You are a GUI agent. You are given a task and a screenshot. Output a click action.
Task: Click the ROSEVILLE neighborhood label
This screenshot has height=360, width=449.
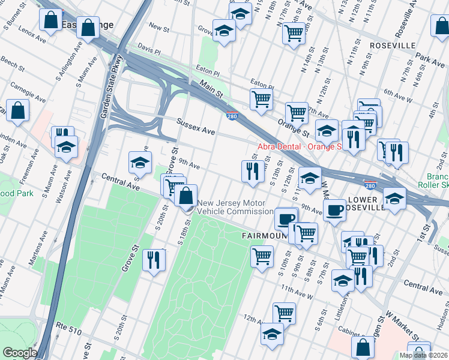393,46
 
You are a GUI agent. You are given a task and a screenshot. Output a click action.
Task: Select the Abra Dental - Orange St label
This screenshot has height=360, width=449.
299,146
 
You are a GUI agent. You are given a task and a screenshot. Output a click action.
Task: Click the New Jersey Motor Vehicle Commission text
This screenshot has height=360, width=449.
235,207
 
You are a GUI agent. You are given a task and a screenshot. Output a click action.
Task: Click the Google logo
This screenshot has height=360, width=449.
19,353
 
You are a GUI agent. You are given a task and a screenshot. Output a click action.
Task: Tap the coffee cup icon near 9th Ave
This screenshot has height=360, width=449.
334,209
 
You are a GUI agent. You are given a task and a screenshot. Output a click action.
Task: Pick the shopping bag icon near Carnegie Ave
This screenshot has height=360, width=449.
18,110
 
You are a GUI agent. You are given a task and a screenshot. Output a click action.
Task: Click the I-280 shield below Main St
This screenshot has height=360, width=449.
232,116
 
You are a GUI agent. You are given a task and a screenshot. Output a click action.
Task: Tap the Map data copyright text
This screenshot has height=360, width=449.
424,355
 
